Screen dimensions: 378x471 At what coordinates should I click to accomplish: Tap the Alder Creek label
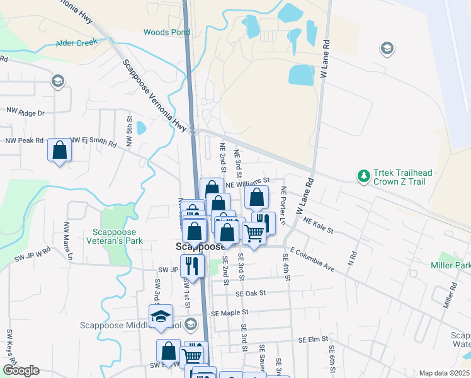pyautogui.click(x=77, y=43)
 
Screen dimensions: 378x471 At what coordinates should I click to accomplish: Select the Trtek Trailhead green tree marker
pyautogui.click(x=363, y=176)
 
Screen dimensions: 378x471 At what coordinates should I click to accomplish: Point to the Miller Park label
pyautogui.click(x=450, y=265)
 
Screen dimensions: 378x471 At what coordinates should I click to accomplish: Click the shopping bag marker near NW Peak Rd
pyautogui.click(x=60, y=151)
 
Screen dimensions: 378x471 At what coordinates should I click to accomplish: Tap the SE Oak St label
pyautogui.click(x=251, y=293)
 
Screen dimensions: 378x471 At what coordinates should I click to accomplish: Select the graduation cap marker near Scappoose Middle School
pyautogui.click(x=161, y=316)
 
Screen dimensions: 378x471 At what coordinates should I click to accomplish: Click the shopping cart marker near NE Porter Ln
pyautogui.click(x=254, y=233)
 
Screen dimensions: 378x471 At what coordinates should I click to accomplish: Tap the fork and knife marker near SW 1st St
pyautogui.click(x=193, y=266)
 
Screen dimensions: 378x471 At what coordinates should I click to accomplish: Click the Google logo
pyautogui.click(x=20, y=370)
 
